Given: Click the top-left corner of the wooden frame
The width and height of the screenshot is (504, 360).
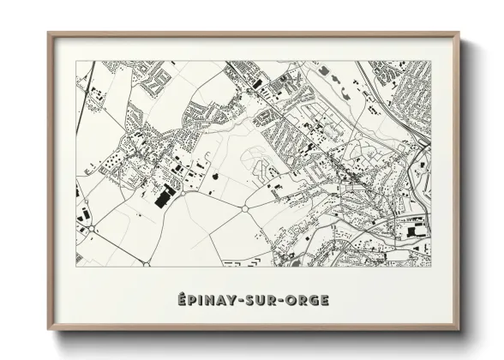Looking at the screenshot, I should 49,33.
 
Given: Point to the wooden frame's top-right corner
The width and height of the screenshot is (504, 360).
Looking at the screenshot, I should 459,33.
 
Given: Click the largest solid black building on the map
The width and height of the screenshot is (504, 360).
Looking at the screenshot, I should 164,198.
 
